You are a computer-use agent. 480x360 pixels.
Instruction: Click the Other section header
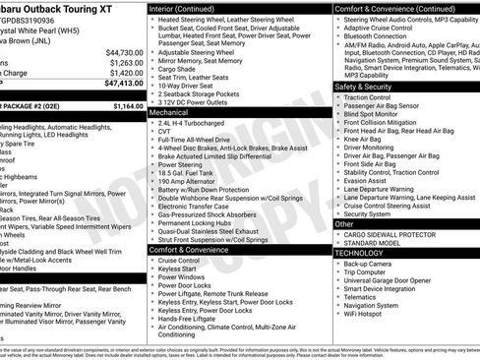coord(344,224)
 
